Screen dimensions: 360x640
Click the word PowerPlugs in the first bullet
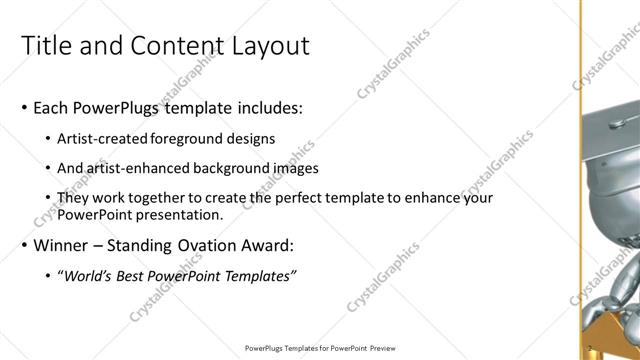coord(120,107)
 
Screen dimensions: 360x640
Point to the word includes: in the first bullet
coord(266,107)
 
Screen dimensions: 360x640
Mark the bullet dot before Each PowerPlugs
coord(24,108)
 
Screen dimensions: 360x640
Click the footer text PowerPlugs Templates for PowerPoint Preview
coord(320,349)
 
